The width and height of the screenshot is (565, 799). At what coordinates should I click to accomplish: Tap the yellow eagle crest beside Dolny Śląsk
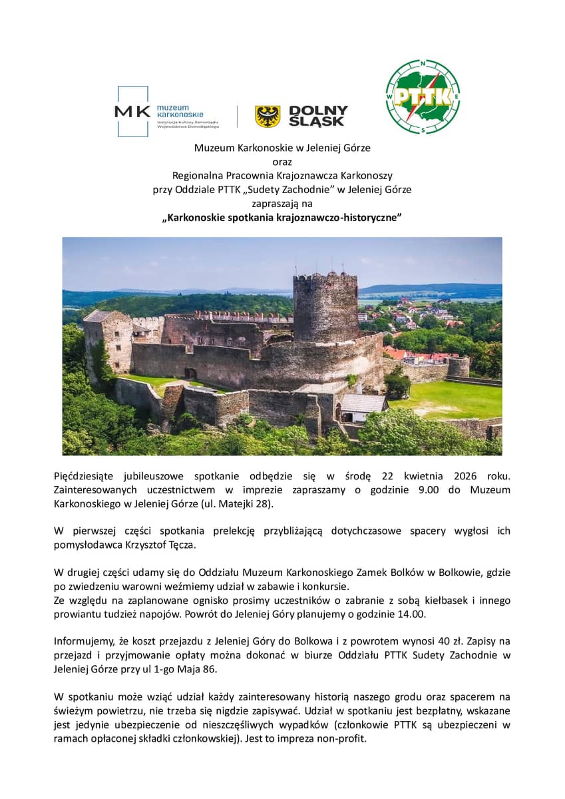pyautogui.click(x=268, y=117)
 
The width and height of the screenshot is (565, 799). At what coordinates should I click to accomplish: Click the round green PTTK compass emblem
pyautogui.click(x=423, y=97)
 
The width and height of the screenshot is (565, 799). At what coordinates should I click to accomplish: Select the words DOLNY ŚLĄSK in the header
pyautogui.click(x=318, y=117)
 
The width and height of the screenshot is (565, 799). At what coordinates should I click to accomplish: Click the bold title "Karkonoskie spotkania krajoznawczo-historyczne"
pyautogui.click(x=282, y=218)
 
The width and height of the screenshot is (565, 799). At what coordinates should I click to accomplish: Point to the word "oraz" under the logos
pyautogui.click(x=282, y=161)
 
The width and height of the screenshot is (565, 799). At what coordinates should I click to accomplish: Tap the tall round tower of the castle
pyautogui.click(x=325, y=306)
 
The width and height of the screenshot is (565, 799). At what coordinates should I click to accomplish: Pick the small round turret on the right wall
pyautogui.click(x=458, y=366)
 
